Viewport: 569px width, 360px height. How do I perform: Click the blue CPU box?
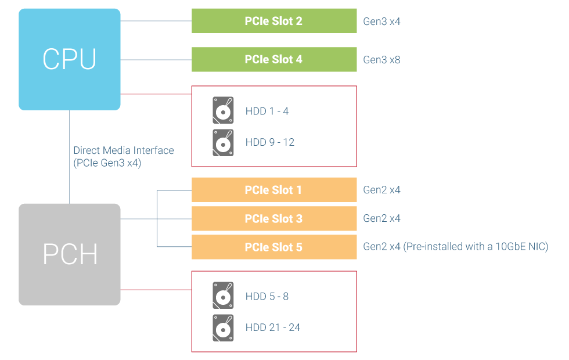coord(70,59)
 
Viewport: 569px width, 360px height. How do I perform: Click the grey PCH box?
coord(70,254)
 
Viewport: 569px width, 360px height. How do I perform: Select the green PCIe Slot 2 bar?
coord(274,21)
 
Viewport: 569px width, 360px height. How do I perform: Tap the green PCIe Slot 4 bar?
coord(274,59)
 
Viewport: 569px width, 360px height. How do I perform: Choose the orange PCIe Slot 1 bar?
coord(274,190)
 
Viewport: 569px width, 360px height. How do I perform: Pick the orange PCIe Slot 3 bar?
coord(274,218)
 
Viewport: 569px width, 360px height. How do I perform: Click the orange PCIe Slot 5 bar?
coord(274,247)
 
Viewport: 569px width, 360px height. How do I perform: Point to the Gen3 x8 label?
coord(381,60)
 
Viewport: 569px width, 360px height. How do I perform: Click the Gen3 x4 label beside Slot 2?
coord(381,21)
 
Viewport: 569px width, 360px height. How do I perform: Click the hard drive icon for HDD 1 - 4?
coord(223,110)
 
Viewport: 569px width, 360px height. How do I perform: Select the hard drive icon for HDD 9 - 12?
coord(223,142)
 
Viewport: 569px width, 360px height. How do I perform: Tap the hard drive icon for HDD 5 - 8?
coord(223,296)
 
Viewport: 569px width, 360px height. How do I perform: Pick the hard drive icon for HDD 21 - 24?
coord(223,327)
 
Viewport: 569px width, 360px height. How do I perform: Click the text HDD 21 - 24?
coord(272,327)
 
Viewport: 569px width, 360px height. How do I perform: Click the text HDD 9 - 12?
coord(269,142)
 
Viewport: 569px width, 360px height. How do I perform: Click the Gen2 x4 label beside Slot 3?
coord(381,218)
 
